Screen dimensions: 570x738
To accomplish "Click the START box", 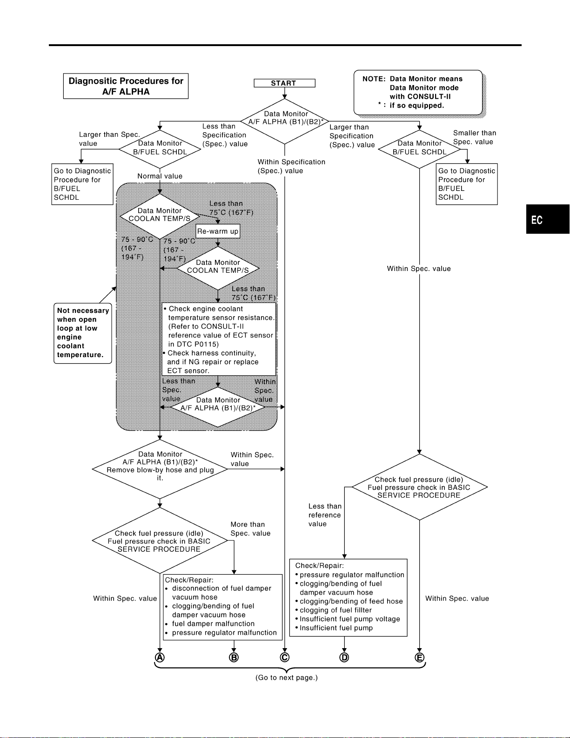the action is pos(284,83).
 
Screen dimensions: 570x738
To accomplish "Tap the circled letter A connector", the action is pos(160,657).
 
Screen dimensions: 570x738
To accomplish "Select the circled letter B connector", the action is pos(234,657).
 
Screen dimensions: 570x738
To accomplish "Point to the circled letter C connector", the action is pos(285,657).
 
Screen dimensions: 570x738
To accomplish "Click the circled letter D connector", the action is pos(344,657).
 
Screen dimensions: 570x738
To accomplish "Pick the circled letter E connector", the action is pos(419,657).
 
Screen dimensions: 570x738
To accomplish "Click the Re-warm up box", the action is pos(218,231).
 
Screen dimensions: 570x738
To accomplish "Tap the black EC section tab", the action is pos(548,219).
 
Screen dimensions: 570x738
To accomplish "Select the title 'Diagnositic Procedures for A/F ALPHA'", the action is pos(126,86).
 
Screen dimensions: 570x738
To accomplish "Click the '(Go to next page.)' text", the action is pos(287,677).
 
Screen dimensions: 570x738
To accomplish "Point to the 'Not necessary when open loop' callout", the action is pos(83,333).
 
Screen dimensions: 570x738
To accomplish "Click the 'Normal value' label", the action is pos(160,176).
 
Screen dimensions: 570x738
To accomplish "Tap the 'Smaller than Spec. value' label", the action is pos(475,137).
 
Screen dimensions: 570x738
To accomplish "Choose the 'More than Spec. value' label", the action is pos(250,529).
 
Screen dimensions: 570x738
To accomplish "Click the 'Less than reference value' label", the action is pos(325,515).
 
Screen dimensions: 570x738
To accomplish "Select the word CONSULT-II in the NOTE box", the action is pos(420,96).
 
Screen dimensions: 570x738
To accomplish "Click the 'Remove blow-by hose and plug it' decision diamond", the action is pos(160,469).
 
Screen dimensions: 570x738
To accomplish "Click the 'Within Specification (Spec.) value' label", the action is pos(291,166).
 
